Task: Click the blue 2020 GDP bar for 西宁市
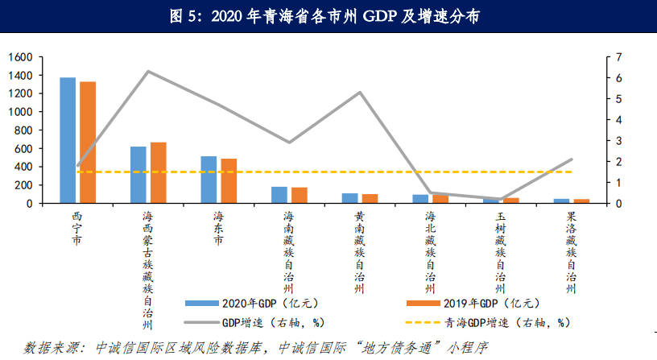tap(68, 140)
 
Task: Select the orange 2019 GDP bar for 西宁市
tap(88, 143)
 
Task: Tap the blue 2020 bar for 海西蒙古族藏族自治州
tap(138, 175)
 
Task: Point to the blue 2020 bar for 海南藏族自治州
tap(279, 195)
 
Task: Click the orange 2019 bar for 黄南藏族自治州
tap(370, 198)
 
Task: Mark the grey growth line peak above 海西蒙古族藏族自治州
tap(148, 72)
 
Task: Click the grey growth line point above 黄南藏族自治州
tap(360, 93)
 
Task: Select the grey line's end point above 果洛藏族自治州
tap(572, 159)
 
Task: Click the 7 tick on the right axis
tap(618, 57)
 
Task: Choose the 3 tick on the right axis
tap(618, 141)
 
